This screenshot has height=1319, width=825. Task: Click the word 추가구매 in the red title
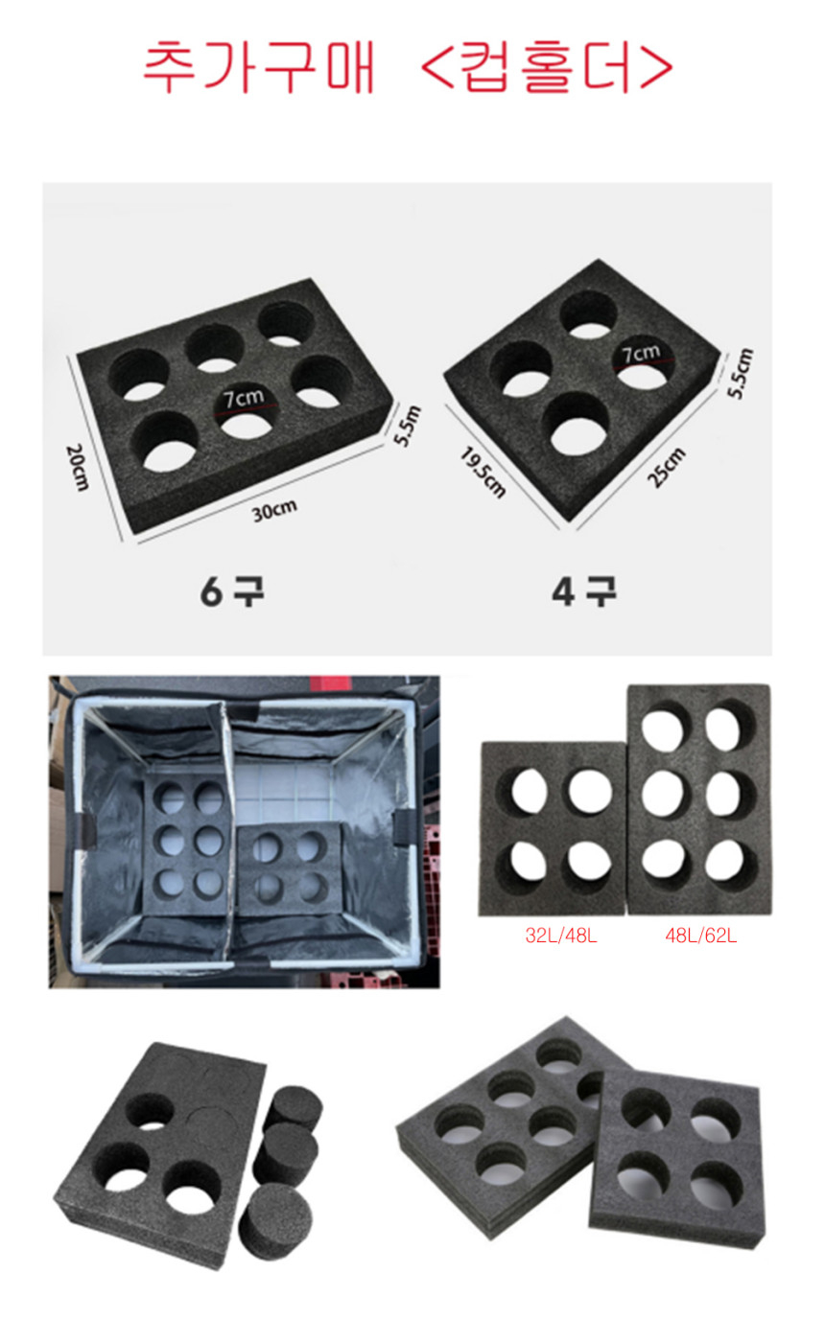[259, 67]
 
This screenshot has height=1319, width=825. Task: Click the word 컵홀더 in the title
[548, 67]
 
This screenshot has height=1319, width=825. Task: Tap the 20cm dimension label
[77, 468]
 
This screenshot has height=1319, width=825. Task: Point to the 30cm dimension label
[274, 511]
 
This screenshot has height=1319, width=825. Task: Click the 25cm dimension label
[667, 467]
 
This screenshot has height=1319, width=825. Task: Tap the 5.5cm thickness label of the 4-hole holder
[741, 373]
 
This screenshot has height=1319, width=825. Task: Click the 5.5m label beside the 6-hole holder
[407, 426]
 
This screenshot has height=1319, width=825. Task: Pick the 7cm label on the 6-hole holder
[244, 398]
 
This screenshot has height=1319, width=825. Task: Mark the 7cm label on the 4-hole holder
[641, 354]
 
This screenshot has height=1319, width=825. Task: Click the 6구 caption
[232, 591]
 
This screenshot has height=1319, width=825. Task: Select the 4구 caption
[584, 591]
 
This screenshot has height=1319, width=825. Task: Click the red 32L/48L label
[561, 936]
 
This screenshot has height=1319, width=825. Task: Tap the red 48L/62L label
[701, 936]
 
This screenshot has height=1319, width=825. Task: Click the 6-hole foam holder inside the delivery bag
[187, 844]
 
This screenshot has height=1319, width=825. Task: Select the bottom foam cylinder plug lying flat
[275, 1222]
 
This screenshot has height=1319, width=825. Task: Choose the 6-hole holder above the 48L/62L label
[699, 799]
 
